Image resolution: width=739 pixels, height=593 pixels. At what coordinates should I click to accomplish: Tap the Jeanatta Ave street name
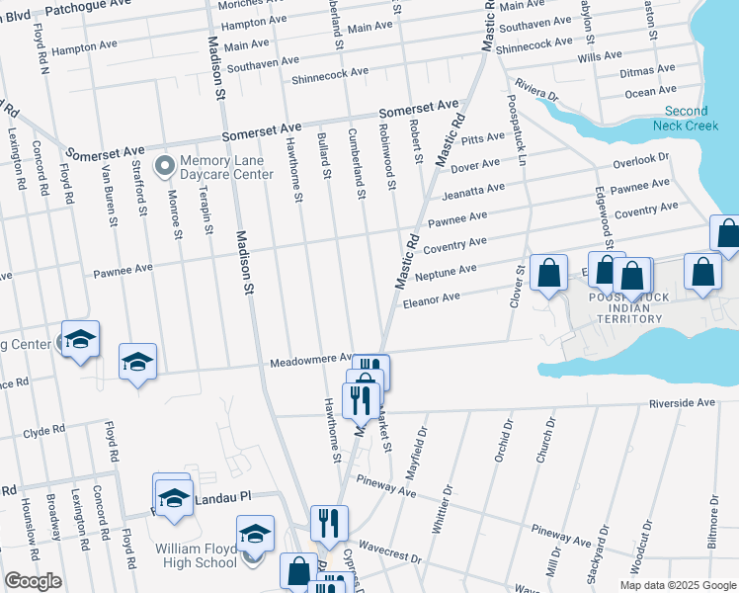(x=473, y=192)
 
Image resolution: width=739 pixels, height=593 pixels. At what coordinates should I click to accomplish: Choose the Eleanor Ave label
(x=436, y=296)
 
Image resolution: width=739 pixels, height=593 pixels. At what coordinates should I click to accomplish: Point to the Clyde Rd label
(x=42, y=432)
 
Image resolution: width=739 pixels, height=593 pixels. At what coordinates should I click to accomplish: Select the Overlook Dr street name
(x=640, y=160)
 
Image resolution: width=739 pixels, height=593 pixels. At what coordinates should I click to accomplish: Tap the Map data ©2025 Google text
(x=678, y=585)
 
